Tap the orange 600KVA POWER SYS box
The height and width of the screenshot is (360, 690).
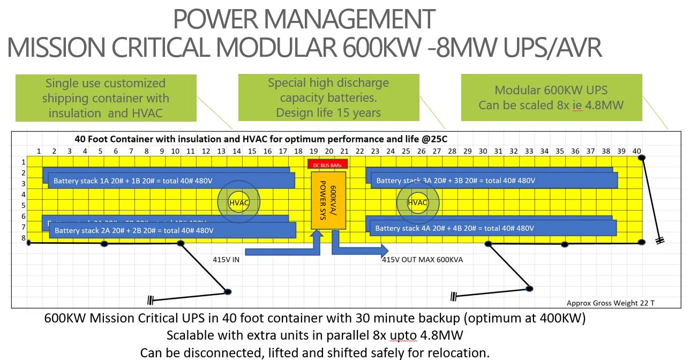pyautogui.click(x=328, y=200)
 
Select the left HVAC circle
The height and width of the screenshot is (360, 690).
pyautogui.click(x=238, y=203)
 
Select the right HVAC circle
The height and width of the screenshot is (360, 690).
pyautogui.click(x=417, y=203)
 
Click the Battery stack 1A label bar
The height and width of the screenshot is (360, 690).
pyautogui.click(x=171, y=181)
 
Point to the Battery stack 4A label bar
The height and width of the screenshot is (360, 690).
pyautogui.click(x=492, y=228)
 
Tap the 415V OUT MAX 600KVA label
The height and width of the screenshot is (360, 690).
pyautogui.click(x=422, y=260)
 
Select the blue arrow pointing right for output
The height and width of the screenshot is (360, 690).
pyautogui.click(x=359, y=249)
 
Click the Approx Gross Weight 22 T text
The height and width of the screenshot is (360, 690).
pyautogui.click(x=610, y=303)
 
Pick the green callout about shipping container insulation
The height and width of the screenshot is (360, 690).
pyautogui.click(x=106, y=98)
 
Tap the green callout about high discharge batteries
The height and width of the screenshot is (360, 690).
pyautogui.click(x=328, y=98)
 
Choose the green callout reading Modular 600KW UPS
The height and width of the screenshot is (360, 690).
pyautogui.click(x=551, y=97)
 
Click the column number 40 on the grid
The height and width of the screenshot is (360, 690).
pyautogui.click(x=636, y=151)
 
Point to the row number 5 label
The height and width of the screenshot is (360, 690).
pyautogui.click(x=24, y=205)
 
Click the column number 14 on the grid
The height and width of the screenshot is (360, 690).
pyautogui.click(x=236, y=151)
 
